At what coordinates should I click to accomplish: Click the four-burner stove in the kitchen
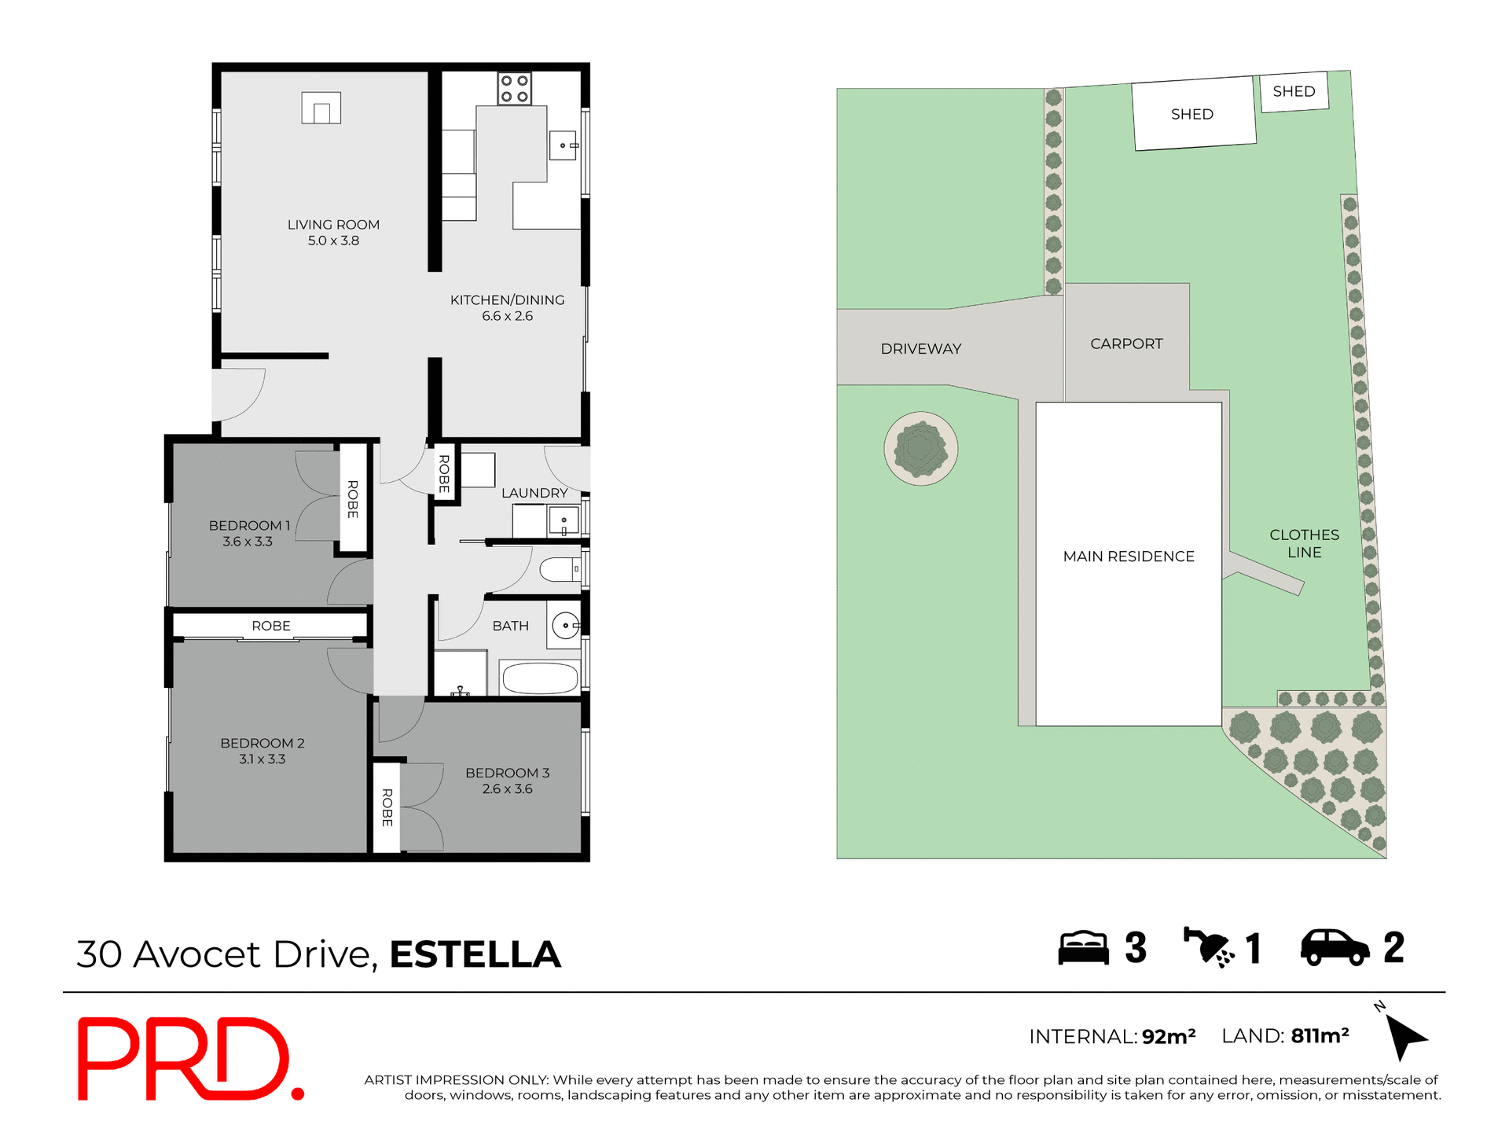[x=515, y=89]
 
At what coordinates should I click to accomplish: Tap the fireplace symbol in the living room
[x=321, y=108]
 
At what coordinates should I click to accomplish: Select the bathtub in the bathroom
[x=540, y=678]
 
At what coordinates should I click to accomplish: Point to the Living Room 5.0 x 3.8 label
[x=333, y=233]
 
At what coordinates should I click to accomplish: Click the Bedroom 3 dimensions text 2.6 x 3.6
[x=507, y=789]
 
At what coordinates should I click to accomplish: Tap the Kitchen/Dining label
[x=507, y=300]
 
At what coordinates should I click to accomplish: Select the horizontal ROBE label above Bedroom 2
[x=271, y=626]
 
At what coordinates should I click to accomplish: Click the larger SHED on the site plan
[x=1193, y=114]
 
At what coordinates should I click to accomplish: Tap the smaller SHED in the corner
[x=1294, y=92]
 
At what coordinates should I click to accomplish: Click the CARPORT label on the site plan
[x=1125, y=344]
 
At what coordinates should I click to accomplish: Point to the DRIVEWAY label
[x=920, y=348]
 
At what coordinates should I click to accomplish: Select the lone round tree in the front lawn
[x=920, y=449]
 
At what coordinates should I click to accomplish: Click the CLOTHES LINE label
[x=1304, y=543]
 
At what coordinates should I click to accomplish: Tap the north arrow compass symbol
[x=1404, y=1035]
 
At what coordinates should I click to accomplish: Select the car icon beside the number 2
[x=1335, y=947]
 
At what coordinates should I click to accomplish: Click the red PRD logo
[x=189, y=1059]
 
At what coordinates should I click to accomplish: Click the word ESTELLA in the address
[x=475, y=954]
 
